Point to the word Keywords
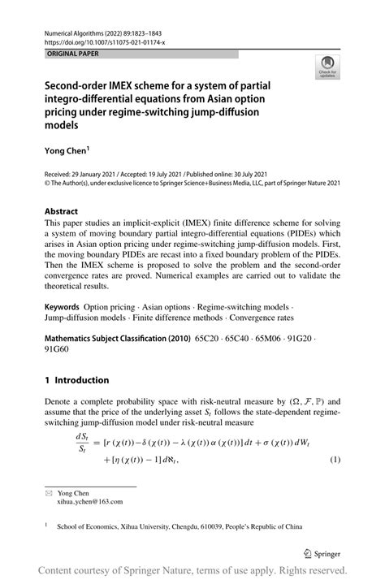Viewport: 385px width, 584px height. tap(66, 308)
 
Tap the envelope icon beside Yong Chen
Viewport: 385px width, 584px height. tap(49, 493)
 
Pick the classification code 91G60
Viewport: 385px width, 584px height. tap(58, 351)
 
